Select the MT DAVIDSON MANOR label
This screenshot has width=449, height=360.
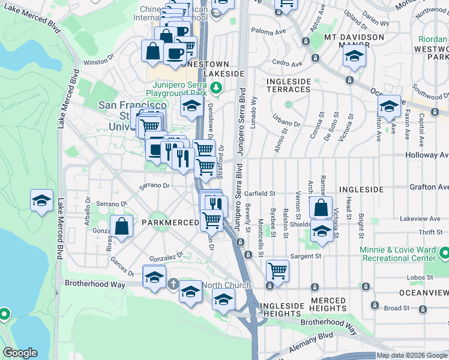pyautogui.click(x=354, y=41)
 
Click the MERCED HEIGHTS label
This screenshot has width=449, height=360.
pyautogui.click(x=328, y=304)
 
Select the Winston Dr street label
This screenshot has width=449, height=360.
pyautogui.click(x=98, y=61)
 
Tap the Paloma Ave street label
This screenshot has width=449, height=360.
pyautogui.click(x=268, y=29)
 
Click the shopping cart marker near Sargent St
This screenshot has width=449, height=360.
pyautogui.click(x=277, y=271)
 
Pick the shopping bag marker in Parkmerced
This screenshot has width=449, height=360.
pyautogui.click(x=122, y=227)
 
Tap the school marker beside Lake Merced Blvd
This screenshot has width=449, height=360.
pyautogui.click(x=41, y=200)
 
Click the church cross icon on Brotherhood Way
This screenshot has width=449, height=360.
pyautogui.click(x=173, y=284)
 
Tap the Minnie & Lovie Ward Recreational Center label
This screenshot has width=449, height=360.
pyautogui.click(x=397, y=253)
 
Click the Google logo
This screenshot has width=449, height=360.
pyautogui.click(x=20, y=353)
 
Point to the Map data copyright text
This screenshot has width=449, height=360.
pyautogui.click(x=412, y=355)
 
